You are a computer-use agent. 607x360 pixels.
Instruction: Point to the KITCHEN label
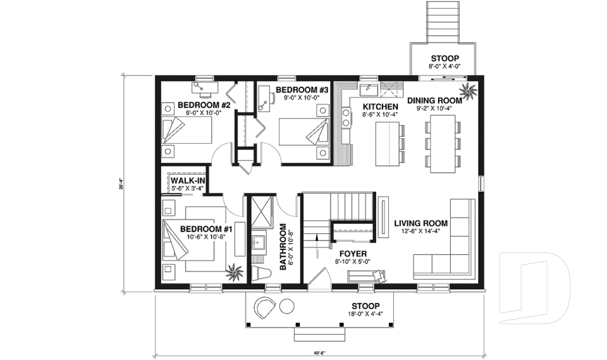tap(379, 106)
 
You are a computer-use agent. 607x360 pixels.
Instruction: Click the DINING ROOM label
tap(437, 100)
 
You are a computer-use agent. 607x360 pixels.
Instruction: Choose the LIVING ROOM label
tap(420, 223)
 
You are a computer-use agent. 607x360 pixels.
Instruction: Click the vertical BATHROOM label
tap(283, 247)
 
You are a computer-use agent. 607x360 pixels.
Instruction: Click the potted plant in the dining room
tap(470, 91)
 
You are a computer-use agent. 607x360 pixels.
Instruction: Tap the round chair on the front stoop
tap(264, 309)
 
